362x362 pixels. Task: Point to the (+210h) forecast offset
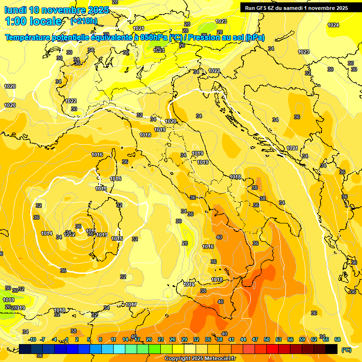84,21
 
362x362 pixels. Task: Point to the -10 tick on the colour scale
32,339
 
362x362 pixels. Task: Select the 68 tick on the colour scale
337,339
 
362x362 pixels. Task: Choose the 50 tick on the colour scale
267,339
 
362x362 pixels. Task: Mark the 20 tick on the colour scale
149,339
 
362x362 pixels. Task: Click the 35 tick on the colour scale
208,339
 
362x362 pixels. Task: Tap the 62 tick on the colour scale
314,339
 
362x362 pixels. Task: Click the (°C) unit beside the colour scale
346,350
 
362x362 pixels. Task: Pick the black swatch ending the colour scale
331,349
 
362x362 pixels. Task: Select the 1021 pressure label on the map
292,148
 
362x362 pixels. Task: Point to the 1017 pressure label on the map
131,304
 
